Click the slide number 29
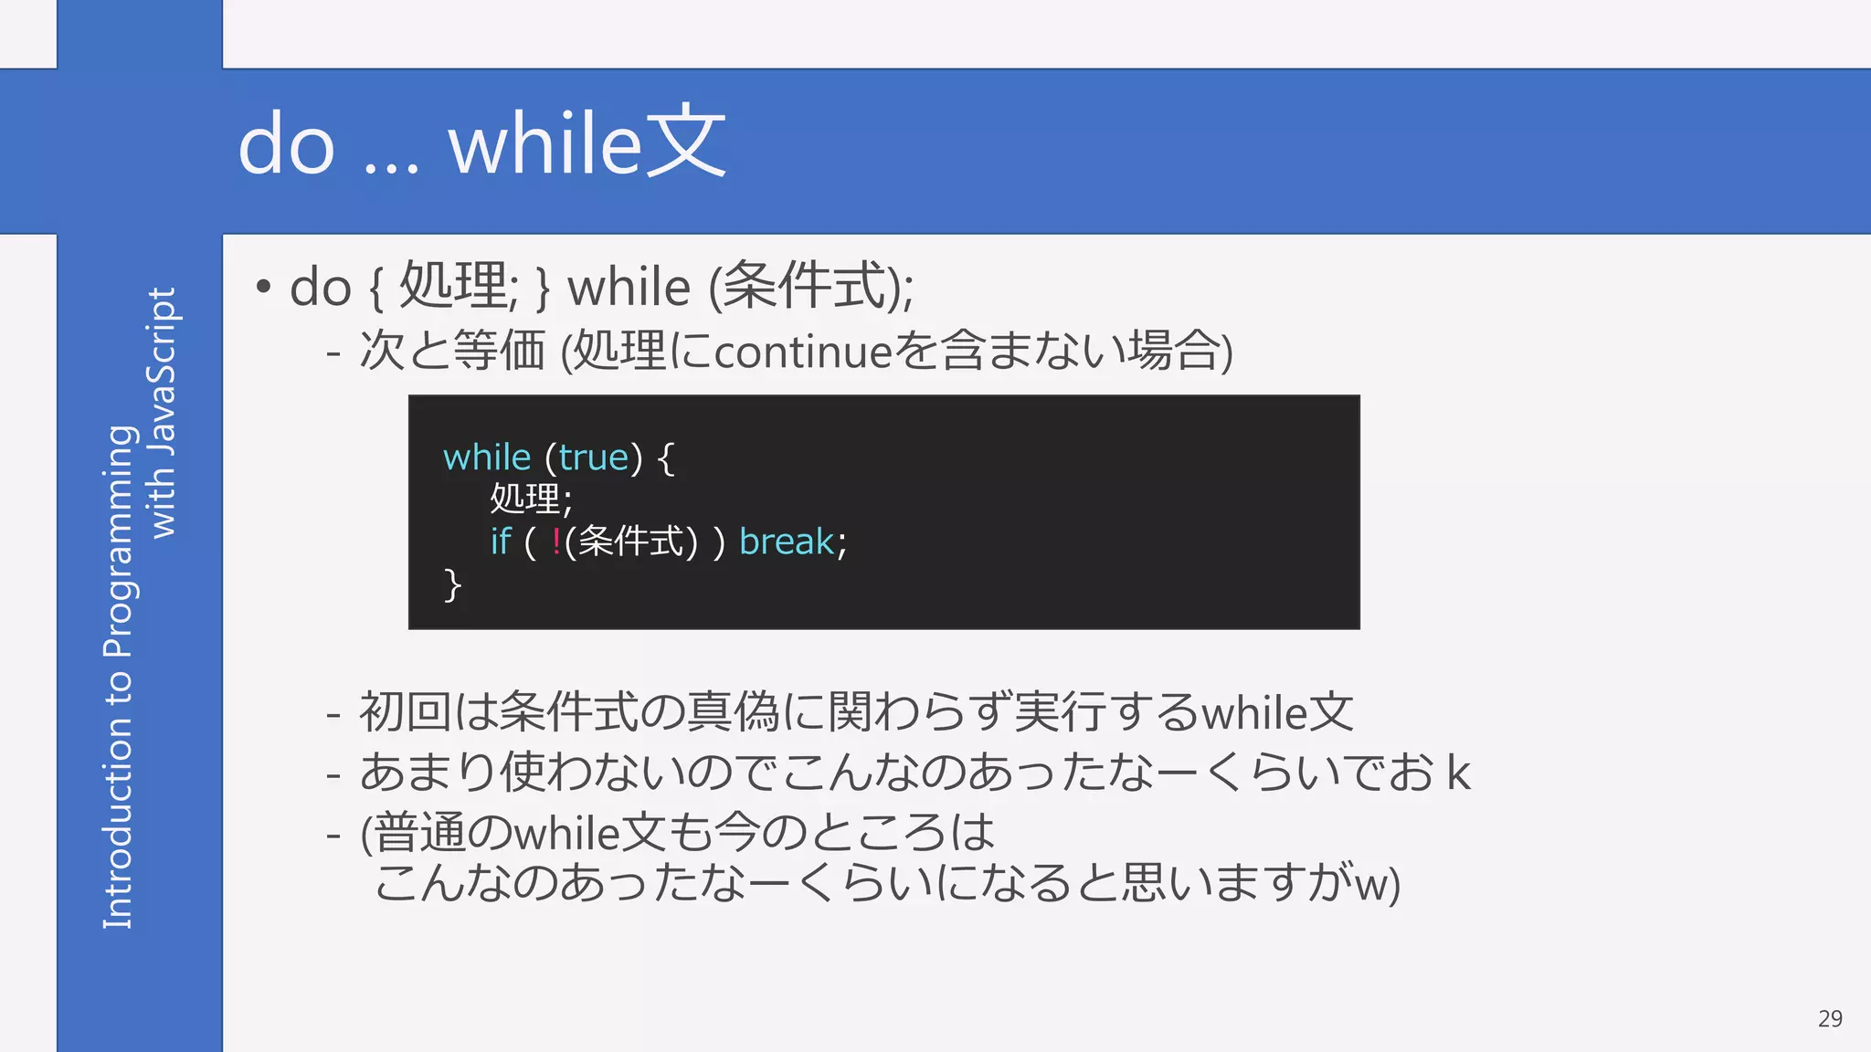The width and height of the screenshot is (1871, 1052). [x=1829, y=1019]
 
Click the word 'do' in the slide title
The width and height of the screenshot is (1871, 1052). [x=286, y=146]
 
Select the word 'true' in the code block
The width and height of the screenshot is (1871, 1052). [x=594, y=458]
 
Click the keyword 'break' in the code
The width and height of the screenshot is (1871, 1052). [x=786, y=542]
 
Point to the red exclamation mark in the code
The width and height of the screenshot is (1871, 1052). [x=556, y=542]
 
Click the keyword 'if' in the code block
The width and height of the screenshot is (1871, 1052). [x=501, y=542]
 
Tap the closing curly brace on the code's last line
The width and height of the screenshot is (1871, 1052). [x=452, y=584]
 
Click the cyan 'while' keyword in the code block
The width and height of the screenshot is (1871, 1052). [x=487, y=458]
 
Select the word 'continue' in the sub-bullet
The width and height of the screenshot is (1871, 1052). [x=802, y=352]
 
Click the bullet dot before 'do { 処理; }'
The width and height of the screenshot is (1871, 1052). [x=263, y=287]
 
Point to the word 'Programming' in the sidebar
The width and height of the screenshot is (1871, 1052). [x=120, y=541]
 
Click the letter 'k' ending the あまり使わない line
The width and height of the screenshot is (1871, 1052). [x=1458, y=774]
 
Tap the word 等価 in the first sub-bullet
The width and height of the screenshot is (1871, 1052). [x=499, y=352]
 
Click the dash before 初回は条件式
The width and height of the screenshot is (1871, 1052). [x=333, y=714]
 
